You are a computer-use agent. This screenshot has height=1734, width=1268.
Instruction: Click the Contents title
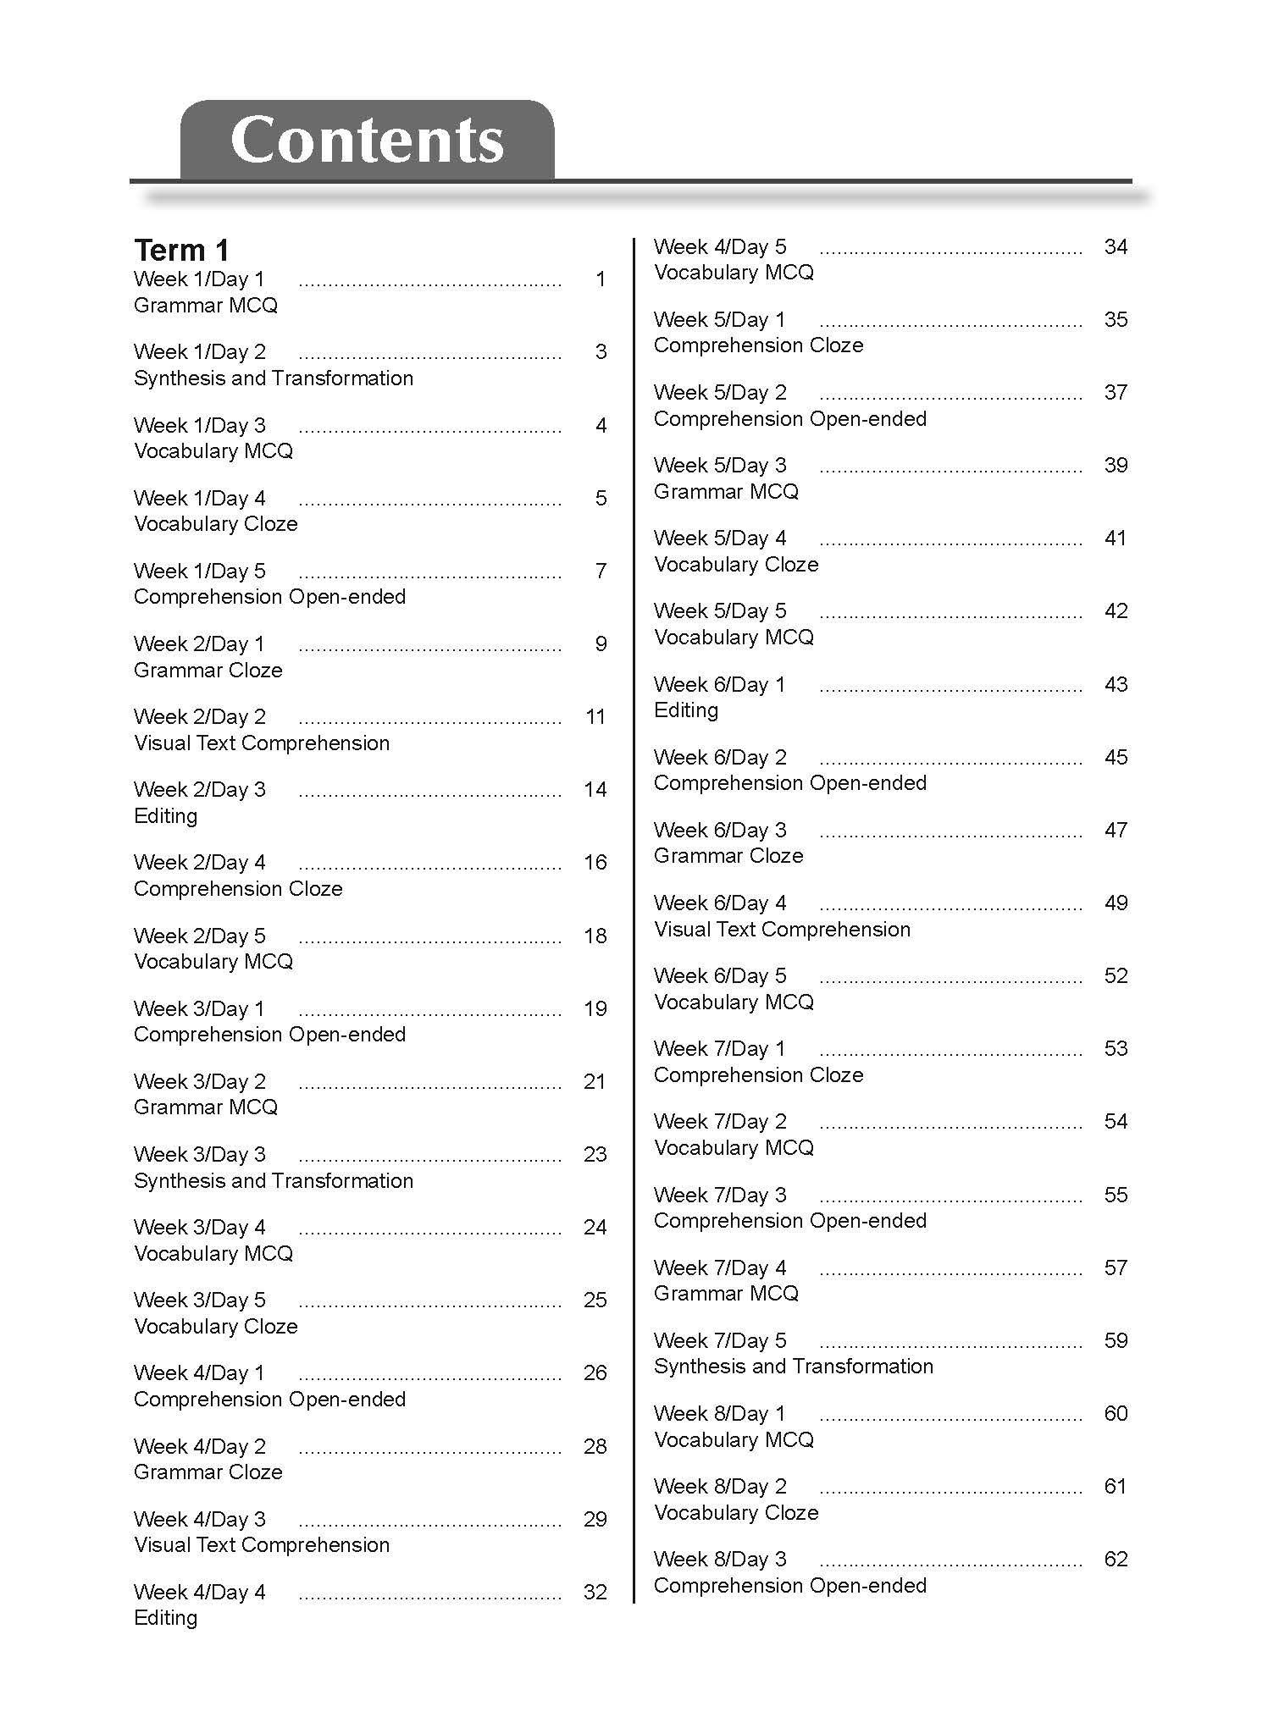[367, 140]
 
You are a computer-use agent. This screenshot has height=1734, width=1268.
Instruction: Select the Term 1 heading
[181, 250]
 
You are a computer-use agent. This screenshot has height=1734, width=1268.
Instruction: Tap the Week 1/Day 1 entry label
[199, 279]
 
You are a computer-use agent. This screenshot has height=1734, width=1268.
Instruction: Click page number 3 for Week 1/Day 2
[601, 352]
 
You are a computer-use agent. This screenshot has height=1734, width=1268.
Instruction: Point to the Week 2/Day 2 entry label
[199, 717]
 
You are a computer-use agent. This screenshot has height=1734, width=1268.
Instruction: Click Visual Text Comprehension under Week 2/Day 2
[262, 743]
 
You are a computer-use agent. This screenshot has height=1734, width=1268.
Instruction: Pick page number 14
[595, 790]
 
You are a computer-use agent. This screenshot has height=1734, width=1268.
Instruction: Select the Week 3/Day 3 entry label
[199, 1155]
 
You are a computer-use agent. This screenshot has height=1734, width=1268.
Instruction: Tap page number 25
[595, 1300]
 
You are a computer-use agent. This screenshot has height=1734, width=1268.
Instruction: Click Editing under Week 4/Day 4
[165, 1618]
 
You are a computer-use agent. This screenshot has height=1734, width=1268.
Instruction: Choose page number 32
[595, 1593]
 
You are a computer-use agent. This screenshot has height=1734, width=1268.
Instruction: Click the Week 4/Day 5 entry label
[720, 247]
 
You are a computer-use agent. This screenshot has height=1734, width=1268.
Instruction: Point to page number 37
[1116, 393]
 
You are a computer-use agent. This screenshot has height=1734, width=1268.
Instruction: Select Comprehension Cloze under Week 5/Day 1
[758, 345]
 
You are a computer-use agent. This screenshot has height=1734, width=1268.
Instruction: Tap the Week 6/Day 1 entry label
[720, 685]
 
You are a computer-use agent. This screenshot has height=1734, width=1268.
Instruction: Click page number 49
[1116, 903]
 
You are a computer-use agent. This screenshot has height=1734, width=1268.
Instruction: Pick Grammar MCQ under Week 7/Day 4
[726, 1294]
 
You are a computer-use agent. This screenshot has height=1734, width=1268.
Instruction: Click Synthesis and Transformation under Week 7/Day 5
[793, 1367]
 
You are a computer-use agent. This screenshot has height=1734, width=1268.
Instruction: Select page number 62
[1116, 1560]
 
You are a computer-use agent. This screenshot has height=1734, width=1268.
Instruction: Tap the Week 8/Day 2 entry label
[720, 1487]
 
